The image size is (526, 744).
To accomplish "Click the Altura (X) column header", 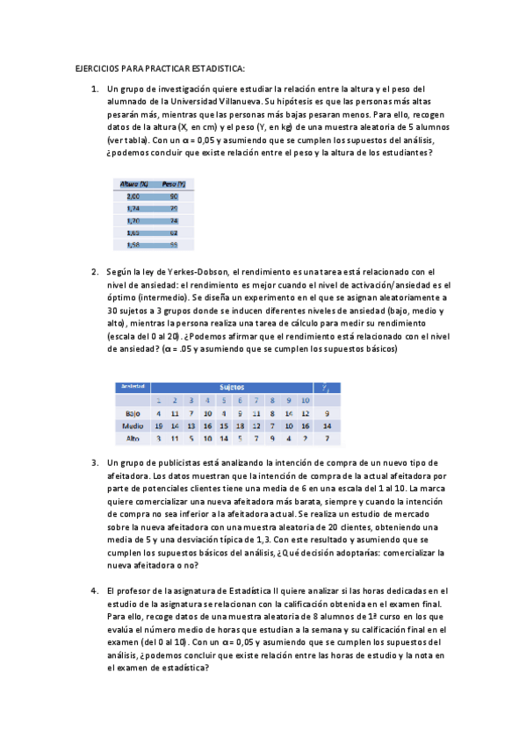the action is click(x=133, y=183).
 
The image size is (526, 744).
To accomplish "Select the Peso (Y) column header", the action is click(x=173, y=183).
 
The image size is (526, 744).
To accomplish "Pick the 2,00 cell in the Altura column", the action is click(x=133, y=197).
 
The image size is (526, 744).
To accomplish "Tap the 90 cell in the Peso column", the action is click(x=173, y=197).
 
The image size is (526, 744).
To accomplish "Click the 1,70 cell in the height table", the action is click(x=133, y=221).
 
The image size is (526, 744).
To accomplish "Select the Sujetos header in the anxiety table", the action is click(x=232, y=386).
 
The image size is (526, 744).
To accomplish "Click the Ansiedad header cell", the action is click(x=133, y=386).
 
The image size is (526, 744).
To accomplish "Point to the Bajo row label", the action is click(x=133, y=412).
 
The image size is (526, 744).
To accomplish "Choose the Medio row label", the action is click(x=133, y=425).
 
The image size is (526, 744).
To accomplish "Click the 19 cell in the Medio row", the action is click(x=159, y=425).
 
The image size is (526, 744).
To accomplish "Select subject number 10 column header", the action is click(x=305, y=400).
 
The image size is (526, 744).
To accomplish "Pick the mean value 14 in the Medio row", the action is click(x=328, y=425).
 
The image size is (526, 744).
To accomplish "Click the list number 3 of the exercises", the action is click(x=95, y=462).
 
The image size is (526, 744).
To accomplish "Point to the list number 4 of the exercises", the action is click(x=95, y=590).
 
